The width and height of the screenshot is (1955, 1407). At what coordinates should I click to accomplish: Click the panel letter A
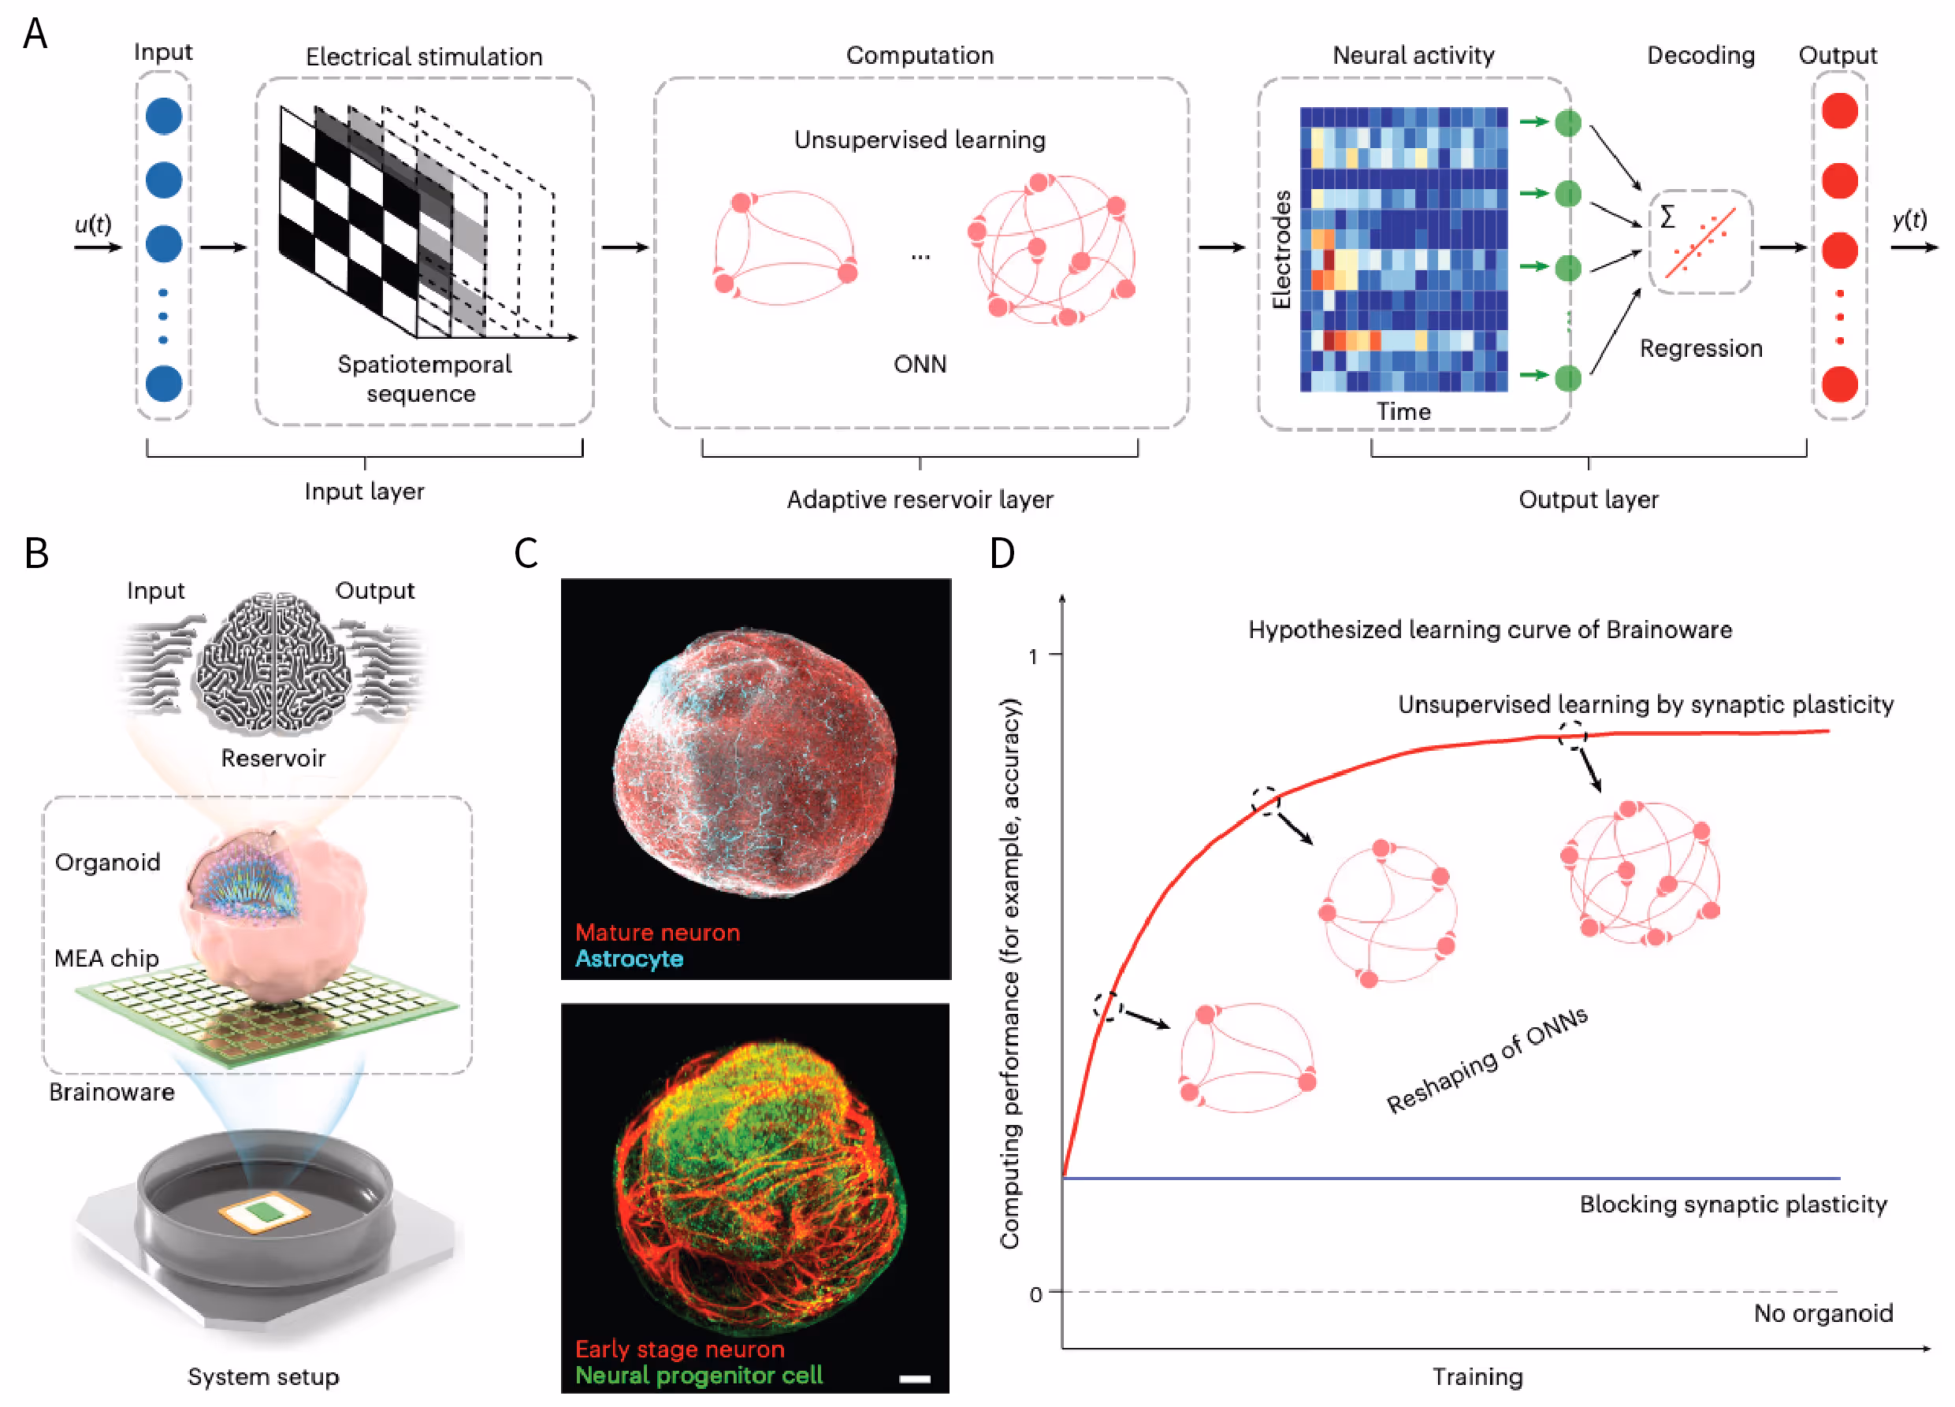[35, 35]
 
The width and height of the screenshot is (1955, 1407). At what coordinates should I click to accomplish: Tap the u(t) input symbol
[92, 224]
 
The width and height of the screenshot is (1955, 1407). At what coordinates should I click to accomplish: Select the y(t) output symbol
[1909, 220]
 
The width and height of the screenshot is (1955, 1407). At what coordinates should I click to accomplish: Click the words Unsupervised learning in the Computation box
[919, 139]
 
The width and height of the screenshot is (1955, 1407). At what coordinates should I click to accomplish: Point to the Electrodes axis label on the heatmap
[1282, 250]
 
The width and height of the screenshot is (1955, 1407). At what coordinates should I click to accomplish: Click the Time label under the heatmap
[1403, 412]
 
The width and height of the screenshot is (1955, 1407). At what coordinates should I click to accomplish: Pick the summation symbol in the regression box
[1668, 217]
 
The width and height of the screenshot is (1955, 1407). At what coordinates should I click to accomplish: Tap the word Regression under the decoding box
[1700, 348]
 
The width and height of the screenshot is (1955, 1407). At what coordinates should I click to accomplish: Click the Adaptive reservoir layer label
[919, 499]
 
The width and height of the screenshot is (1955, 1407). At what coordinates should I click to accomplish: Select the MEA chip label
[107, 958]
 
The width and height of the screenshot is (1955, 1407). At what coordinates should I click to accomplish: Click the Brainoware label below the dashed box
[111, 1092]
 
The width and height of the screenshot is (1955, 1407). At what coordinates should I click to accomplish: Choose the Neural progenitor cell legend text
[698, 1375]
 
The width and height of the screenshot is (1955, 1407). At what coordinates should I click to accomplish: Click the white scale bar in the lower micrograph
[915, 1379]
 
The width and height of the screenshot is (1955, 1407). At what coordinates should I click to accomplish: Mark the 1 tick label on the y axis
[1034, 656]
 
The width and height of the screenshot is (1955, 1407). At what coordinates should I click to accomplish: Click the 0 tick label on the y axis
[1035, 1294]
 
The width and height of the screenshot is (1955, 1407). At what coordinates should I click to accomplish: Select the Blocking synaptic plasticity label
[1733, 1204]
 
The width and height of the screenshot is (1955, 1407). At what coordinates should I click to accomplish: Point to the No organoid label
[1823, 1313]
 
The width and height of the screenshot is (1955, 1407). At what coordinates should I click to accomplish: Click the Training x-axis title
[1477, 1377]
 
